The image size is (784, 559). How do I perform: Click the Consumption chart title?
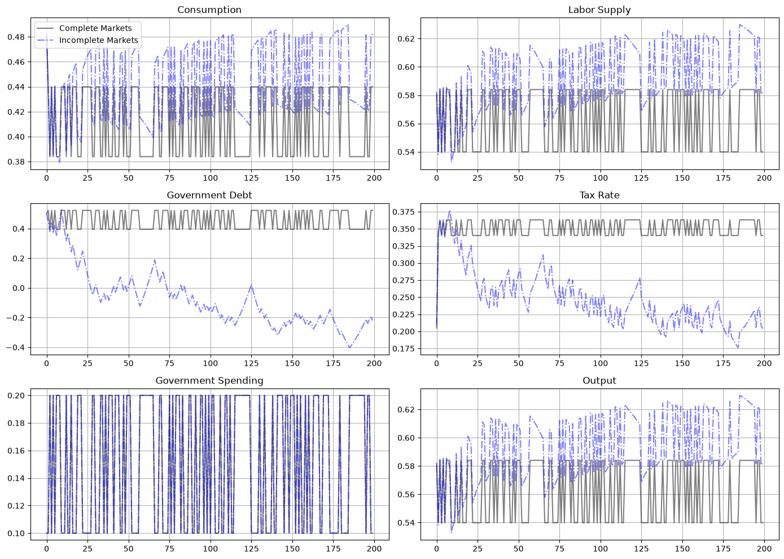[x=209, y=10]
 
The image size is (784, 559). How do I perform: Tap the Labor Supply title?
[x=599, y=10]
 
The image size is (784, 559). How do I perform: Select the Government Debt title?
[x=209, y=195]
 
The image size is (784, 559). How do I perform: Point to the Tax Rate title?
[x=599, y=195]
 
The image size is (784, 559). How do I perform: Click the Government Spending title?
[x=209, y=381]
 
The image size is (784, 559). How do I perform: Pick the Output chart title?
[x=599, y=381]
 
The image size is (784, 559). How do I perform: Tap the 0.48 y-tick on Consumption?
[x=17, y=37]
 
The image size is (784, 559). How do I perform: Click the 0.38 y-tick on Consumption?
[x=17, y=161]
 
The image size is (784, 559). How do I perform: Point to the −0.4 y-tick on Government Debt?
[x=16, y=347]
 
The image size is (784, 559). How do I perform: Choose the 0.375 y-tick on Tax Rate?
[x=403, y=212]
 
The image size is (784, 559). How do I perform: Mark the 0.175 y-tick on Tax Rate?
[x=403, y=348]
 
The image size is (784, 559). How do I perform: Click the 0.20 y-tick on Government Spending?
[x=17, y=396]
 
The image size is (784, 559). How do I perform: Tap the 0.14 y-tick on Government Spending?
[x=17, y=478]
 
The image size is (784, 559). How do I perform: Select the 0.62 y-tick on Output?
[x=406, y=409]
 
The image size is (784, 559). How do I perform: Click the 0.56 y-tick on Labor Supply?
[x=406, y=124]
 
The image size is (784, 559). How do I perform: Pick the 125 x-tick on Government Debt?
[x=251, y=363]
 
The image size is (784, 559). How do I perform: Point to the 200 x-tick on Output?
[x=764, y=549]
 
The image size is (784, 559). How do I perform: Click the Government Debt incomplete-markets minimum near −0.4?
[x=349, y=347]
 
